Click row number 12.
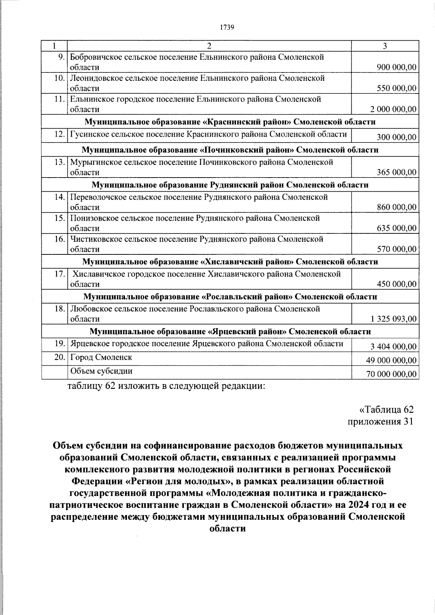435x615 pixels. click(59, 134)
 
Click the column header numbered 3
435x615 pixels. click(385, 46)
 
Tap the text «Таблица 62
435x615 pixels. click(386, 410)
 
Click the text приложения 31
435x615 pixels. click(380, 422)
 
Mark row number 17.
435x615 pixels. click(59, 274)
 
